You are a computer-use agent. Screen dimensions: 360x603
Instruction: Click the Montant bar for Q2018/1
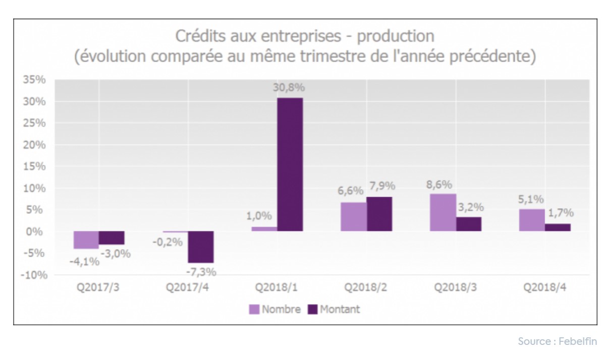(290, 164)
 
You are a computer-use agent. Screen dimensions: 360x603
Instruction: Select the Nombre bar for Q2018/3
(443, 212)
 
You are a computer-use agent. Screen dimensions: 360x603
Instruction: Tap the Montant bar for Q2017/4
(201, 247)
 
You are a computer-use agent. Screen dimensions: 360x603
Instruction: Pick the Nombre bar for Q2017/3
(86, 240)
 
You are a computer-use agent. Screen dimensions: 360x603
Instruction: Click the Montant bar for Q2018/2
(379, 214)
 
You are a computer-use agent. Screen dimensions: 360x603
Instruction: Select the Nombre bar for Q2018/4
(532, 220)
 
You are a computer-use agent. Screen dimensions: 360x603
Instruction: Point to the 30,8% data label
(290, 88)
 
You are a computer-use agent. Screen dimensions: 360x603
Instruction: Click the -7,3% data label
(201, 272)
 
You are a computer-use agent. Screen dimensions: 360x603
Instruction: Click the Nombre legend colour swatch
(254, 309)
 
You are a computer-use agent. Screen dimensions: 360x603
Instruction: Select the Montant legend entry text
(340, 309)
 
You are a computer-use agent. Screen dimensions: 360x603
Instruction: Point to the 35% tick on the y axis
(35, 80)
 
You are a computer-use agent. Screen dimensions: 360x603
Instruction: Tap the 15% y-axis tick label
(35, 166)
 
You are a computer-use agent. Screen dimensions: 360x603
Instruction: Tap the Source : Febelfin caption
(557, 342)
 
